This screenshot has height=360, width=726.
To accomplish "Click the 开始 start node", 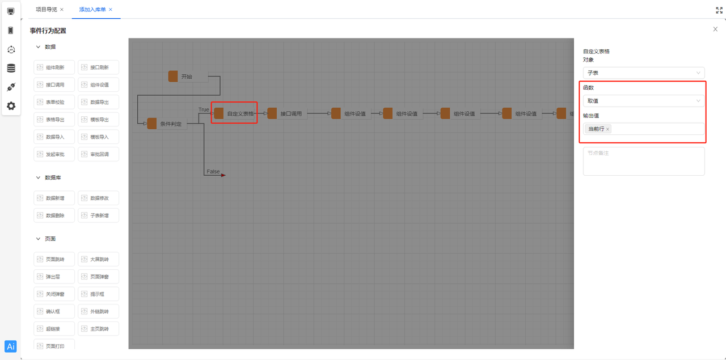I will [x=187, y=77].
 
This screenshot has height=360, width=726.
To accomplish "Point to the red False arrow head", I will [x=223, y=175].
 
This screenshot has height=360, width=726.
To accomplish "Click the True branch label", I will [x=204, y=109].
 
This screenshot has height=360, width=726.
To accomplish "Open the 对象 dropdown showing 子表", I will [x=643, y=73].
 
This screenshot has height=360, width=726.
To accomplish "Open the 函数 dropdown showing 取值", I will [x=643, y=101].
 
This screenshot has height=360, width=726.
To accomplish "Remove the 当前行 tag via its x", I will [x=607, y=129].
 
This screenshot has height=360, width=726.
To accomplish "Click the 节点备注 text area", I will [x=643, y=162].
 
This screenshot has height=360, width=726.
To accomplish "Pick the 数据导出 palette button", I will [x=99, y=102].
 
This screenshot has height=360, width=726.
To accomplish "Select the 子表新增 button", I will [x=99, y=215].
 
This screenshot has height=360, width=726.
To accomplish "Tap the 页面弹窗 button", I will [x=99, y=277].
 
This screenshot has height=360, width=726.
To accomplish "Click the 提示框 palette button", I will [x=99, y=294].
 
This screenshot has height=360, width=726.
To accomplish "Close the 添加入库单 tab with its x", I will [x=111, y=10].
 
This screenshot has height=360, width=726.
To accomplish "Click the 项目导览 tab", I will [x=46, y=10].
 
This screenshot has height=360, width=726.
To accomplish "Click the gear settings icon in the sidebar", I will [x=11, y=106].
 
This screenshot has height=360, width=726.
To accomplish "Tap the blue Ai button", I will [x=11, y=346].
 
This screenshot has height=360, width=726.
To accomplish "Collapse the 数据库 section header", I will [x=39, y=177].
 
